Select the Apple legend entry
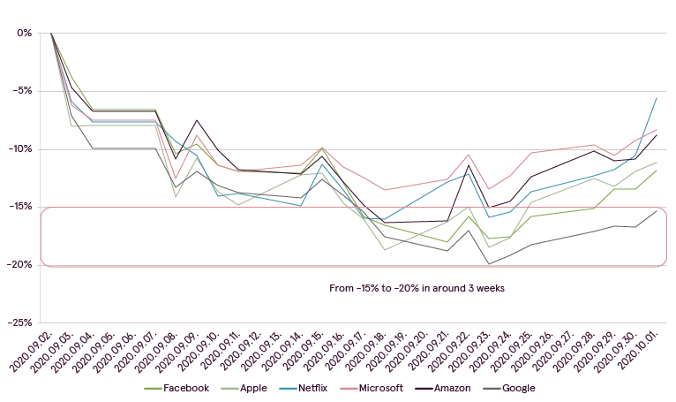click(250, 388)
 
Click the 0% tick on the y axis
click(24, 33)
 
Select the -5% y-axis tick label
click(21, 91)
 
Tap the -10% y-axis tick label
click(19, 148)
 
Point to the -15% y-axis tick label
click(19, 207)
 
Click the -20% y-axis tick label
click(19, 264)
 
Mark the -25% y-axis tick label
click(19, 322)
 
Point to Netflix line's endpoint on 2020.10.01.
click(657, 97)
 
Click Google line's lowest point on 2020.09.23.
click(489, 264)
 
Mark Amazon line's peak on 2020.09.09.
click(197, 120)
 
